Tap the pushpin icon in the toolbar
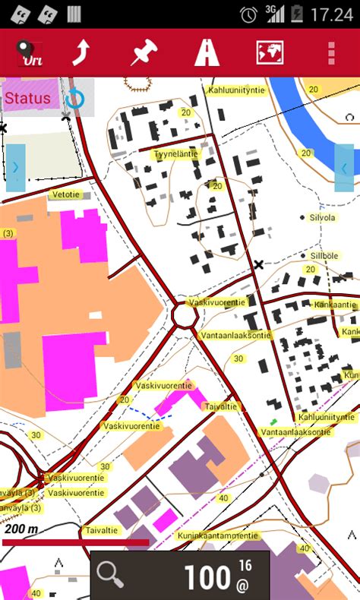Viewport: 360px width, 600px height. (141, 52)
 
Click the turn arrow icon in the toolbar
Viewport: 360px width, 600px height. (81, 52)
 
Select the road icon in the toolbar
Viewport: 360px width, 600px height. (206, 52)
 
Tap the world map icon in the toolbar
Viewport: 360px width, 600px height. (270, 52)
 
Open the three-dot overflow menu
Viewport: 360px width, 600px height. (331, 52)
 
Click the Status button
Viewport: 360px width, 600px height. (28, 98)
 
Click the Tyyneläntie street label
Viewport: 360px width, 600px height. (175, 153)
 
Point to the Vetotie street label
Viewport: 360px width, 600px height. (65, 194)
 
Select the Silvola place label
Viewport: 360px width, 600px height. (323, 217)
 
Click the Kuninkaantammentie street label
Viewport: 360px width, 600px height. (217, 535)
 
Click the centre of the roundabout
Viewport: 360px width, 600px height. (185, 314)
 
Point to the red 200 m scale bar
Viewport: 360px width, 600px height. (76, 542)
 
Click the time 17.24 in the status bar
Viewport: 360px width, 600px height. (333, 14)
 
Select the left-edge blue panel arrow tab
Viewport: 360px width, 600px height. (15, 168)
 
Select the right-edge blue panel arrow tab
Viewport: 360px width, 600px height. (344, 168)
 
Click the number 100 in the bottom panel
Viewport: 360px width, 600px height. (207, 577)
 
